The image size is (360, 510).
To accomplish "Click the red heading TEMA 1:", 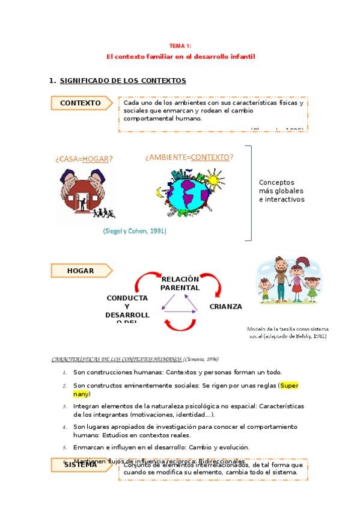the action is coord(180,46).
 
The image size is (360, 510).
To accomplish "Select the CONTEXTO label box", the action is coord(81,103).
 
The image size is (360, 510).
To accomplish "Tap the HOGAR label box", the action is coord(81,271).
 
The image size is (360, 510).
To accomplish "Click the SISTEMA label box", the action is coord(81,465).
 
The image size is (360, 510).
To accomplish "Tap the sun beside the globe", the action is coord(215,179).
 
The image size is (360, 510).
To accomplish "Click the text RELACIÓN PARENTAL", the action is coord(180,283).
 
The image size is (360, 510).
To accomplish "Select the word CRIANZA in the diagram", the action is coord(225,307).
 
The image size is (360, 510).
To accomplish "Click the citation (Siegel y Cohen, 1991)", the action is coord(135,231).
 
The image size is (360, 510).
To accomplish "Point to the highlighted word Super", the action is coord(290,386).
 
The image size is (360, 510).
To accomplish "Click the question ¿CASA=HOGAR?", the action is coord(84,159).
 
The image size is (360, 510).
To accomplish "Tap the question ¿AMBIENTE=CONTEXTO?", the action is coord(189,158).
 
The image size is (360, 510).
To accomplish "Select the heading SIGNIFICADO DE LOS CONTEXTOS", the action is coord(123,81).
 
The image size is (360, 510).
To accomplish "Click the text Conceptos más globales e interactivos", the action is coord(281,191).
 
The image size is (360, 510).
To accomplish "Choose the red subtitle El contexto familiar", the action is coord(181,57).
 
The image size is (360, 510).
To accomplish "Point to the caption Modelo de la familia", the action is coord(288,333).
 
